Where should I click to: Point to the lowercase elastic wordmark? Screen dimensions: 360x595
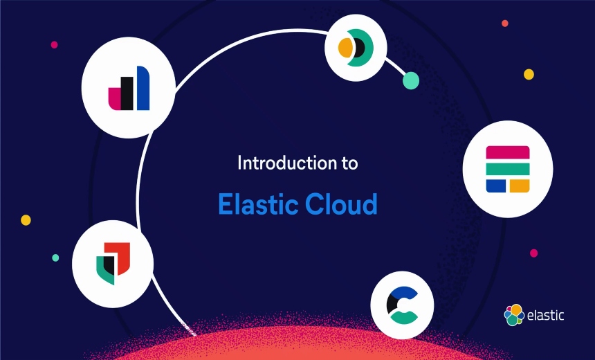point(546,315)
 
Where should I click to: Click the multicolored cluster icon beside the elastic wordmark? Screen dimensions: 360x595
point(514,315)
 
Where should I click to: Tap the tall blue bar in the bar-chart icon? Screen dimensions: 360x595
point(143,88)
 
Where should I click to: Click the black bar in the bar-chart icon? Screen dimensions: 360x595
point(127,93)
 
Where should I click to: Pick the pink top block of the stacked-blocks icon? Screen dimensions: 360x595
point(507,152)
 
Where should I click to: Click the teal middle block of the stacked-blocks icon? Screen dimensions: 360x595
point(507,169)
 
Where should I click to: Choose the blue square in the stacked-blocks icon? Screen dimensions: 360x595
point(495,185)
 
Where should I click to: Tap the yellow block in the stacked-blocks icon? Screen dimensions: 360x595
point(519,185)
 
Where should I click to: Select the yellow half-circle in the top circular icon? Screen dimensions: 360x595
point(346,48)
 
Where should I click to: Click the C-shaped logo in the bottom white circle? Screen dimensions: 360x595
point(402,305)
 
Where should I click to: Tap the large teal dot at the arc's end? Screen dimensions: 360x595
point(411,80)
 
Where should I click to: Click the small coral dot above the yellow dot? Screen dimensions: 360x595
point(505,24)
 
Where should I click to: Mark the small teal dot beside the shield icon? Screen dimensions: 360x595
point(55,258)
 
